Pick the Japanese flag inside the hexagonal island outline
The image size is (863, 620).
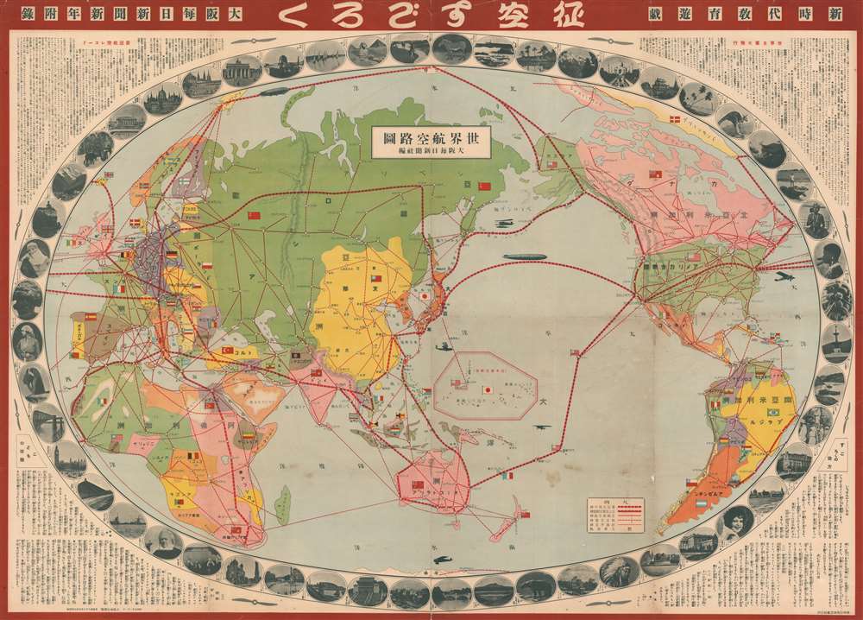point(488,389)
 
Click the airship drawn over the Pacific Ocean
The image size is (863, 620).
point(527,257)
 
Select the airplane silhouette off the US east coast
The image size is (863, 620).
point(784,278)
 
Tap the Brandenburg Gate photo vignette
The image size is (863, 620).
point(242,69)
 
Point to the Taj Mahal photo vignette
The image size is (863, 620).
point(620,69)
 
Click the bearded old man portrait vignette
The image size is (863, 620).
point(163,542)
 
